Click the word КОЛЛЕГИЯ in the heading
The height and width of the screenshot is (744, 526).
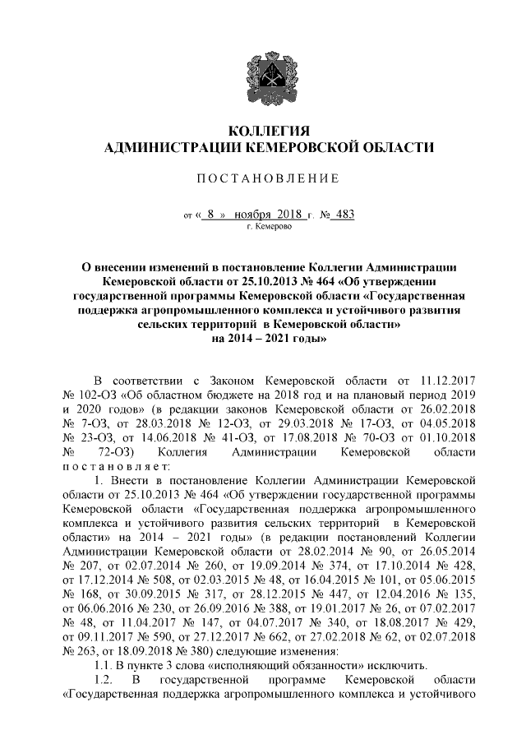click(263, 131)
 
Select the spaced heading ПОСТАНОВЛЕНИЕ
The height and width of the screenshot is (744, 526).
click(262, 178)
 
